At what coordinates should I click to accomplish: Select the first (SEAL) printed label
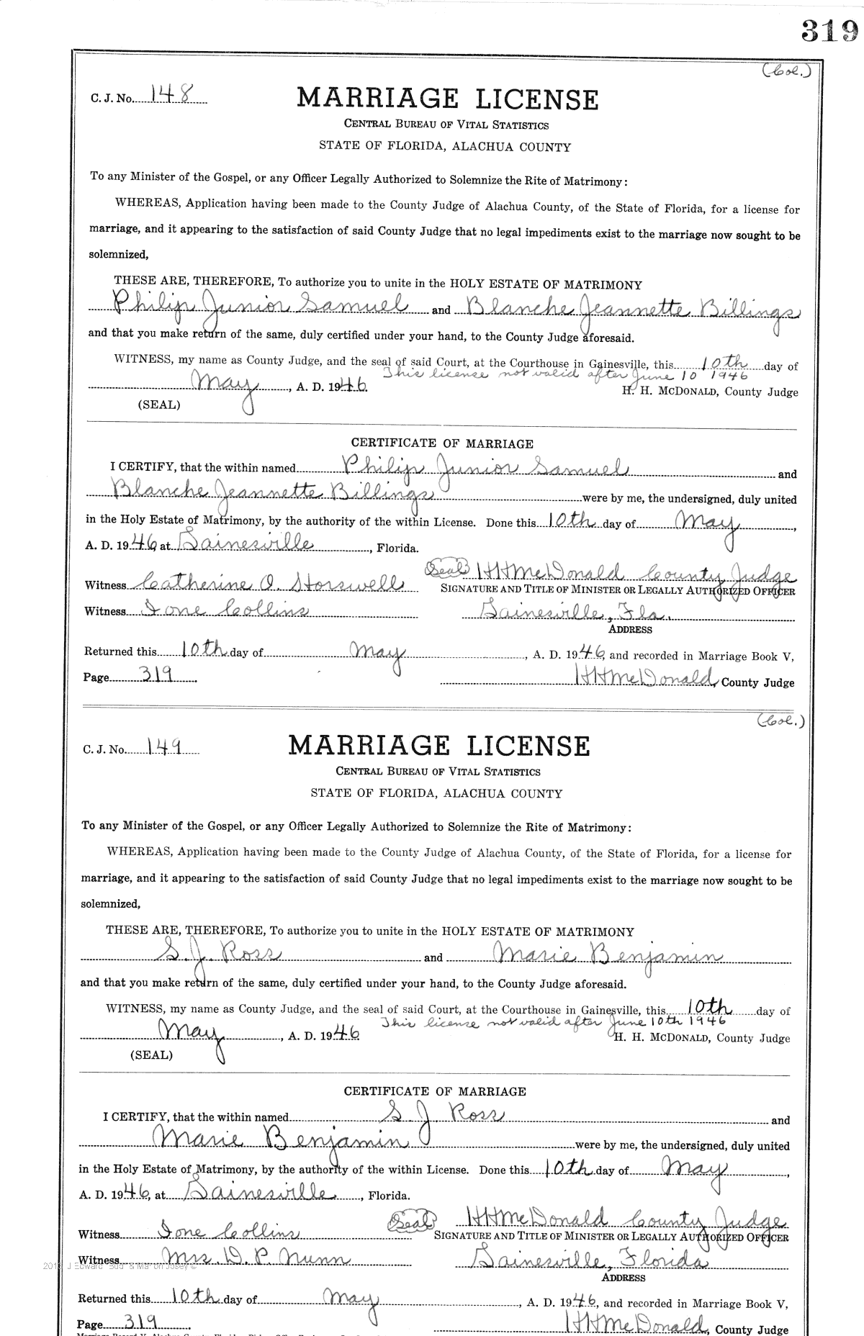[158, 405]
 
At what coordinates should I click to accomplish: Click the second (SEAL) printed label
[150, 1055]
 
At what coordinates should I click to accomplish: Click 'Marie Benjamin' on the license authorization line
[608, 955]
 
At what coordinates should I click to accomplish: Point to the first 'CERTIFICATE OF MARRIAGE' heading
[442, 443]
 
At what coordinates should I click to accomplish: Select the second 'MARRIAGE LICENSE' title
[438, 745]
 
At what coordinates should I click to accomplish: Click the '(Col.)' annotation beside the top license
[787, 71]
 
